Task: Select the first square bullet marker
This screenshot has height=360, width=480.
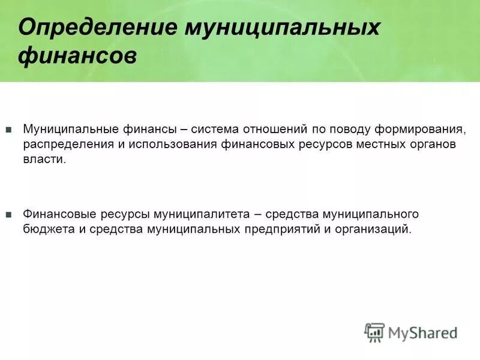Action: [x=8, y=130]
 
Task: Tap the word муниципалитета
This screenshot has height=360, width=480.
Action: [x=202, y=214]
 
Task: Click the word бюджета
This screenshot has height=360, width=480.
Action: [x=46, y=230]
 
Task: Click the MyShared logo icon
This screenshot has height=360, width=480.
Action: [x=374, y=332]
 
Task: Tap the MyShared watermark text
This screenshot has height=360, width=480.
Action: [x=422, y=332]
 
